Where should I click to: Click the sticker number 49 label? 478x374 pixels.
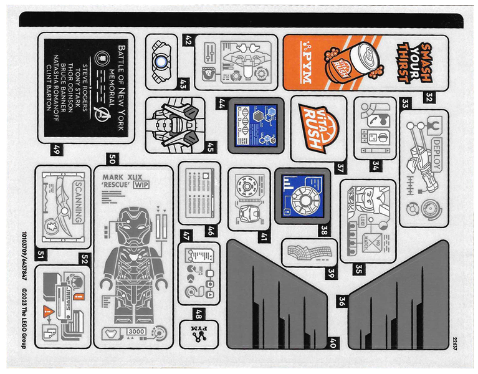click(x=57, y=149)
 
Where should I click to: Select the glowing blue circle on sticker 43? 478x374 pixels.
click(x=161, y=62)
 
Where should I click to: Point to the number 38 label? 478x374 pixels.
click(x=324, y=228)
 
